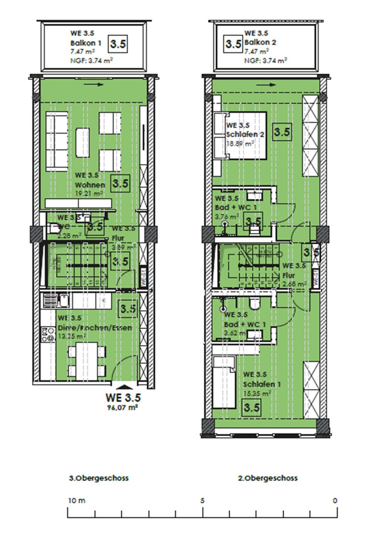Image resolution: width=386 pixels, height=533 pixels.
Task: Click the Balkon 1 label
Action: pyautogui.click(x=85, y=43)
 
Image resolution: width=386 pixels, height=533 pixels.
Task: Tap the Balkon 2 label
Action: pyautogui.click(x=260, y=43)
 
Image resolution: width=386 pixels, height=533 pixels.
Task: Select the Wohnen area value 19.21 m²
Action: pyautogui.click(x=89, y=193)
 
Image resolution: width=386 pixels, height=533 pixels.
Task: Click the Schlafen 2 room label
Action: pyautogui.click(x=245, y=134)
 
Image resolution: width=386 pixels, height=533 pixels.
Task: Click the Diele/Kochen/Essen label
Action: pyautogui.click(x=95, y=328)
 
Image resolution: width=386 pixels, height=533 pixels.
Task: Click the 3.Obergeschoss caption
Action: pyautogui.click(x=99, y=478)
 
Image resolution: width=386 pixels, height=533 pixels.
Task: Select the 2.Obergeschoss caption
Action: pyautogui.click(x=268, y=478)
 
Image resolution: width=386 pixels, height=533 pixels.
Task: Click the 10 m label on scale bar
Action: pyautogui.click(x=77, y=500)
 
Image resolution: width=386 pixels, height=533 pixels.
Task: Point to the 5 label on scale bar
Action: pyautogui.click(x=202, y=500)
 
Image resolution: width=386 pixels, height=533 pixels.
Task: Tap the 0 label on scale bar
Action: pyautogui.click(x=335, y=500)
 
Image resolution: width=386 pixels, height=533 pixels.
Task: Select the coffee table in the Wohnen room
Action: pyautogui.click(x=83, y=143)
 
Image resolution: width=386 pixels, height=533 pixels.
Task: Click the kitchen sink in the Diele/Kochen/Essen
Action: pyautogui.click(x=56, y=300)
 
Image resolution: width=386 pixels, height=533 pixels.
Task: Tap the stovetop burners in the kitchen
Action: pyautogui.click(x=47, y=334)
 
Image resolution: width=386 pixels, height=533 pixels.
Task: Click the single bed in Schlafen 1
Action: pyautogui.click(x=224, y=382)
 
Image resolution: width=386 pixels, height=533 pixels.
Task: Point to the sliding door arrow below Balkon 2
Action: pyautogui.click(x=266, y=85)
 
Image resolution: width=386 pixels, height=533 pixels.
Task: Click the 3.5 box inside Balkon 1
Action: pyautogui.click(x=118, y=44)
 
